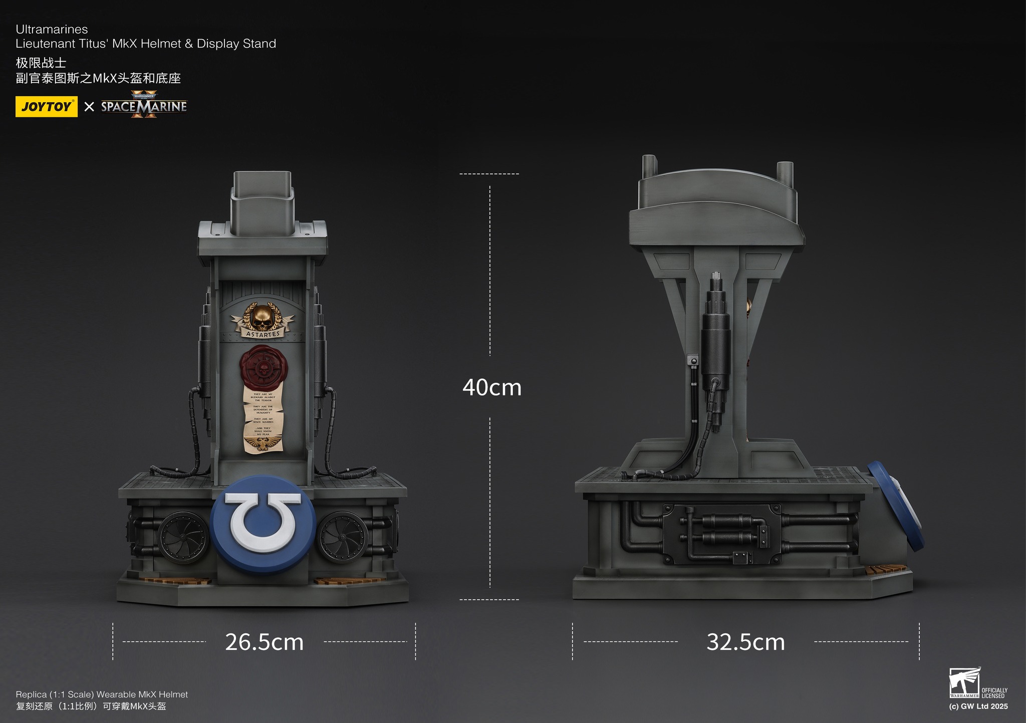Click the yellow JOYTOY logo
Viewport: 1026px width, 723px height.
click(46, 106)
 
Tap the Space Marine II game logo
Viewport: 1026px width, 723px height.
click(144, 105)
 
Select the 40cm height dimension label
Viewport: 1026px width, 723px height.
click(491, 387)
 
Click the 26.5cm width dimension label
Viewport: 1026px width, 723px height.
click(264, 642)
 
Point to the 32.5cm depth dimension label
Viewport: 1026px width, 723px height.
click(745, 642)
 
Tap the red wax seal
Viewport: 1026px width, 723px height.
click(262, 368)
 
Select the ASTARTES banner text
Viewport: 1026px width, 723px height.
click(263, 334)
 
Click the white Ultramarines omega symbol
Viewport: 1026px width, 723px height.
click(263, 522)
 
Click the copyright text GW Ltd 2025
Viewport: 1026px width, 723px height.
click(978, 706)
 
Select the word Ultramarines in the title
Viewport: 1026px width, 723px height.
click(52, 29)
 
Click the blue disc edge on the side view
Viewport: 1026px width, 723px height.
click(897, 504)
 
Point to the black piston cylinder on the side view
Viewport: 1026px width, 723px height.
click(715, 346)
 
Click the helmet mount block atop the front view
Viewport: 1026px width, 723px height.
click(262, 203)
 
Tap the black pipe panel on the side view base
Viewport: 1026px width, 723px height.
click(721, 534)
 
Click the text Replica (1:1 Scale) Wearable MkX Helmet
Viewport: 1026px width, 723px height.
click(102, 694)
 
